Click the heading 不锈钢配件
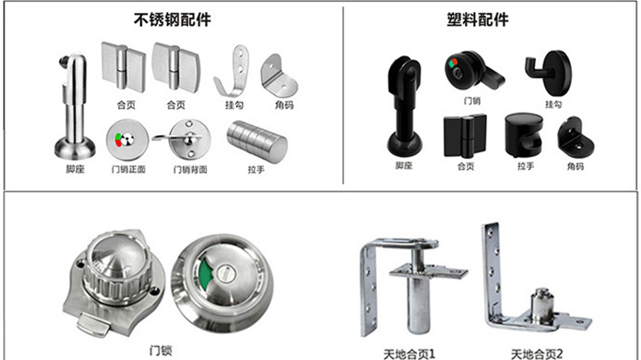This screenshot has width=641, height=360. (x=172, y=19)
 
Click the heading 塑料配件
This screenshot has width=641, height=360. (x=478, y=19)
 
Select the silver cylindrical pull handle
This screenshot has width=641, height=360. (x=257, y=142)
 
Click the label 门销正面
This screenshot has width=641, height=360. (x=129, y=169)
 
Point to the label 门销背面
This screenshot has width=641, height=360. (x=191, y=169)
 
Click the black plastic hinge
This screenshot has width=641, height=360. (x=465, y=136)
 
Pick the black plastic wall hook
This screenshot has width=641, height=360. (x=549, y=73)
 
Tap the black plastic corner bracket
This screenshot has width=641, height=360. (x=575, y=137)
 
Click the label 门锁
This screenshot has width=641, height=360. (x=161, y=351)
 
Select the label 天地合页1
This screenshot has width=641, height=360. (x=409, y=354)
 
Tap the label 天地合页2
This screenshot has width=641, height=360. (x=538, y=354)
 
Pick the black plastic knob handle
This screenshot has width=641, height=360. (x=523, y=135)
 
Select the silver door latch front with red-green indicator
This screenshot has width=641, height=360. (x=126, y=140)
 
